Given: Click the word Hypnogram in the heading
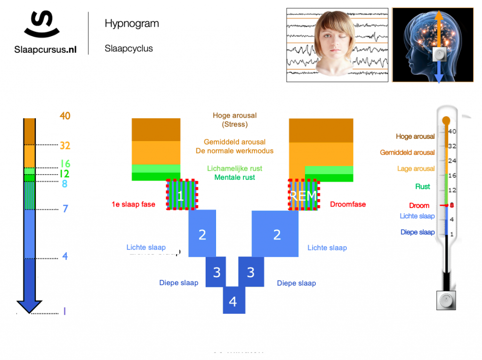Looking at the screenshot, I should tap(132, 24).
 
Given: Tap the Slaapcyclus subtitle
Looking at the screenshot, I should tap(129, 48).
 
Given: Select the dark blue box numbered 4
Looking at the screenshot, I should tap(233, 301).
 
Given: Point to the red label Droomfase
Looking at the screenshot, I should tap(348, 204).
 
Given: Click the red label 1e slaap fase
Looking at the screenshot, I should tap(134, 205).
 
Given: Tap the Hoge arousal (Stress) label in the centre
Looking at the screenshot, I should tap(234, 120).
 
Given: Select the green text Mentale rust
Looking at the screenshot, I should tap(234, 177).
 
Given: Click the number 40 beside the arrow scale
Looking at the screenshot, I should tap(65, 116).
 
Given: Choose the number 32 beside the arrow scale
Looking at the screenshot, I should tap(64, 145).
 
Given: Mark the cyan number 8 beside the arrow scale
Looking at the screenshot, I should tap(64, 184).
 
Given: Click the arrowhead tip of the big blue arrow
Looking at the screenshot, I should tap(29, 310).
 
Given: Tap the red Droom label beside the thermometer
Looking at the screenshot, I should tap(419, 206).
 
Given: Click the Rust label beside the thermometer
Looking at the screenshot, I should tap(422, 186).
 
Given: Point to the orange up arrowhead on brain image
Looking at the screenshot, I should tap(439, 16).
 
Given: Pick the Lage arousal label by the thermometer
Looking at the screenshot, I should tap(416, 168).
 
